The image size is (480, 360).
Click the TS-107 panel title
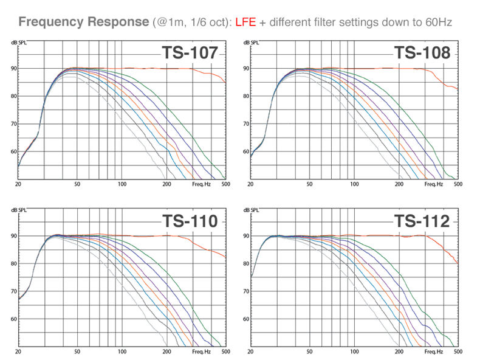pos(190,53)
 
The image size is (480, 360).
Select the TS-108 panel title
pos(422,53)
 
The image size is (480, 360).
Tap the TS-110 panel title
pos(190,221)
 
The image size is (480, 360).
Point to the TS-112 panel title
pos(422,221)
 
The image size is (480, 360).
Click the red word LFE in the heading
pos(245,22)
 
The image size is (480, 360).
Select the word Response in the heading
pos(118,22)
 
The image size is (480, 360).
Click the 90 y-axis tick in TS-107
pos(14,68)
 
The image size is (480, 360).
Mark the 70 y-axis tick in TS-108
pos(246,124)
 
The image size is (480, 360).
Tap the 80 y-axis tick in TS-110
pos(14,263)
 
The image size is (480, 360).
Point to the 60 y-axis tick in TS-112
pos(246,319)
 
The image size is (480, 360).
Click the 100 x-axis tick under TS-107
pos(122,184)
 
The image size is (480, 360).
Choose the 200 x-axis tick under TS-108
pos(399,184)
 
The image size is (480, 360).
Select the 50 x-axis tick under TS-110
pos(77,351)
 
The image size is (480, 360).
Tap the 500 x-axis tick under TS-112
pos(458,351)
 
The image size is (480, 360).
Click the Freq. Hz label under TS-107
pos(202,184)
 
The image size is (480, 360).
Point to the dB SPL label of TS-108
pos(251,43)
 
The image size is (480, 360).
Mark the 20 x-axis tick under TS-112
pos(250,351)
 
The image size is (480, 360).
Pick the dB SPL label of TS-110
pos(19,210)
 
